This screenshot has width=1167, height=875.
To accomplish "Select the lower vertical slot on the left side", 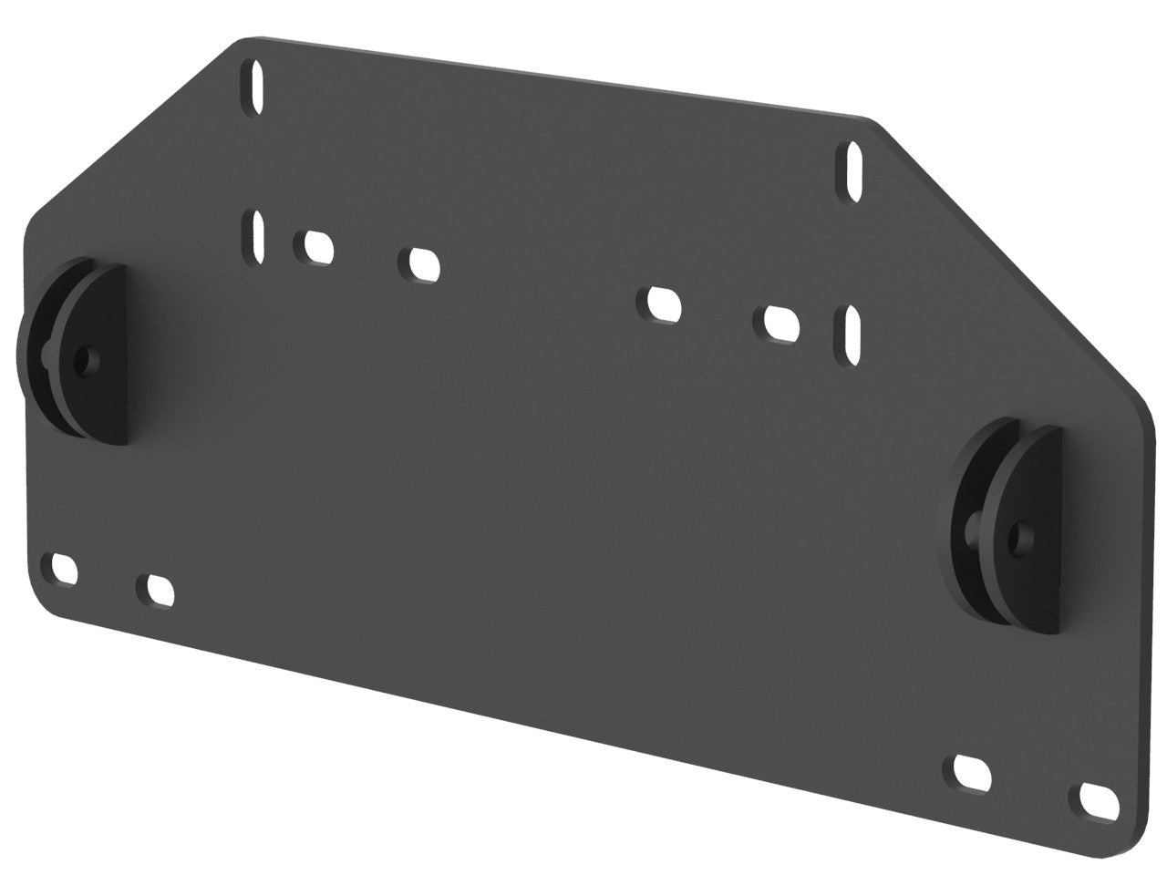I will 254,236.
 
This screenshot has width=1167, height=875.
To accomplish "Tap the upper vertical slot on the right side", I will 852,171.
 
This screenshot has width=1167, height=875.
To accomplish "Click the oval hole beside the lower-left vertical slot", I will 315,246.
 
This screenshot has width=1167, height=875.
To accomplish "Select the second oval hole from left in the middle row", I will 420,262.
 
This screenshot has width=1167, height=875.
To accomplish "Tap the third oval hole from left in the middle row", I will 663,304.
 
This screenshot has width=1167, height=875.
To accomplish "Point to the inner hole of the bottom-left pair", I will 157,589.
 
